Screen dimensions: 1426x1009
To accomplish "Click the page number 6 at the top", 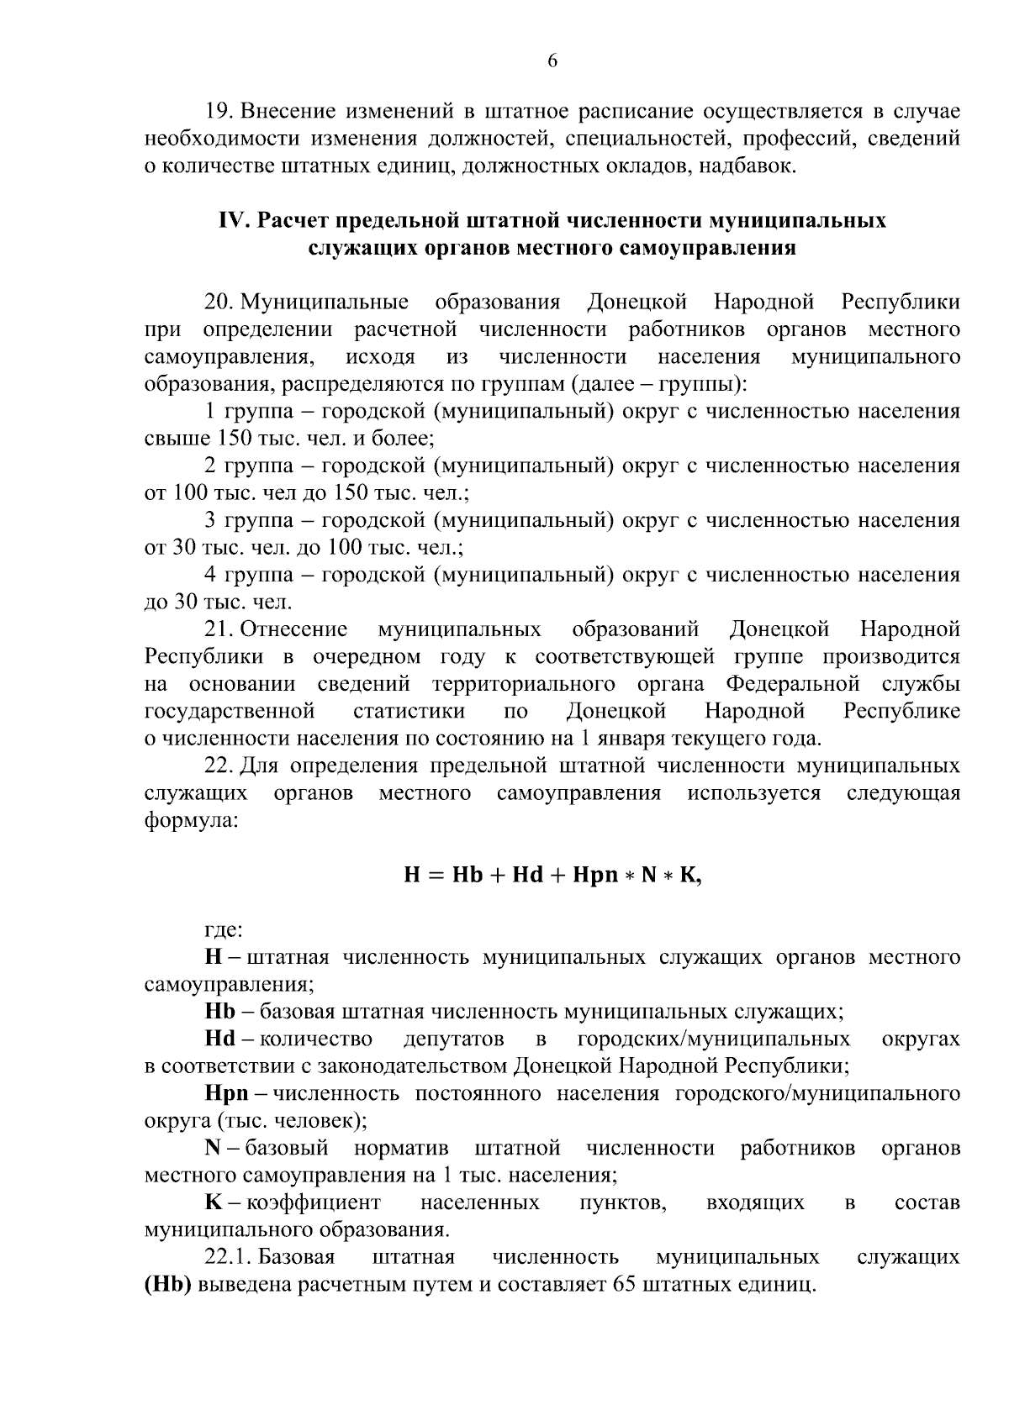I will click(x=552, y=61).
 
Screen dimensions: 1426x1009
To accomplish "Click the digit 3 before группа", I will click(x=211, y=521).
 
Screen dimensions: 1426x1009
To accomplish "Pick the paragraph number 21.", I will click(x=219, y=629).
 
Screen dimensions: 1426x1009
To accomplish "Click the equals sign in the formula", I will click(x=436, y=876).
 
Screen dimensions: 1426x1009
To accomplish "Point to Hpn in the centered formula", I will click(x=594, y=876).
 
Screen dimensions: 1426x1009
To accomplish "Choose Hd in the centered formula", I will click(x=527, y=876).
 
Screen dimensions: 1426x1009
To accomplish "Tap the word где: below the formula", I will click(x=225, y=930).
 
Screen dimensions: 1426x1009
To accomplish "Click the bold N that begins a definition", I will click(x=212, y=1149).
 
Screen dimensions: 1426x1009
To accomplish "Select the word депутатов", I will click(x=453, y=1039).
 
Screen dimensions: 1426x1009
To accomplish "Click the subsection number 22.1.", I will click(x=229, y=1258).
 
